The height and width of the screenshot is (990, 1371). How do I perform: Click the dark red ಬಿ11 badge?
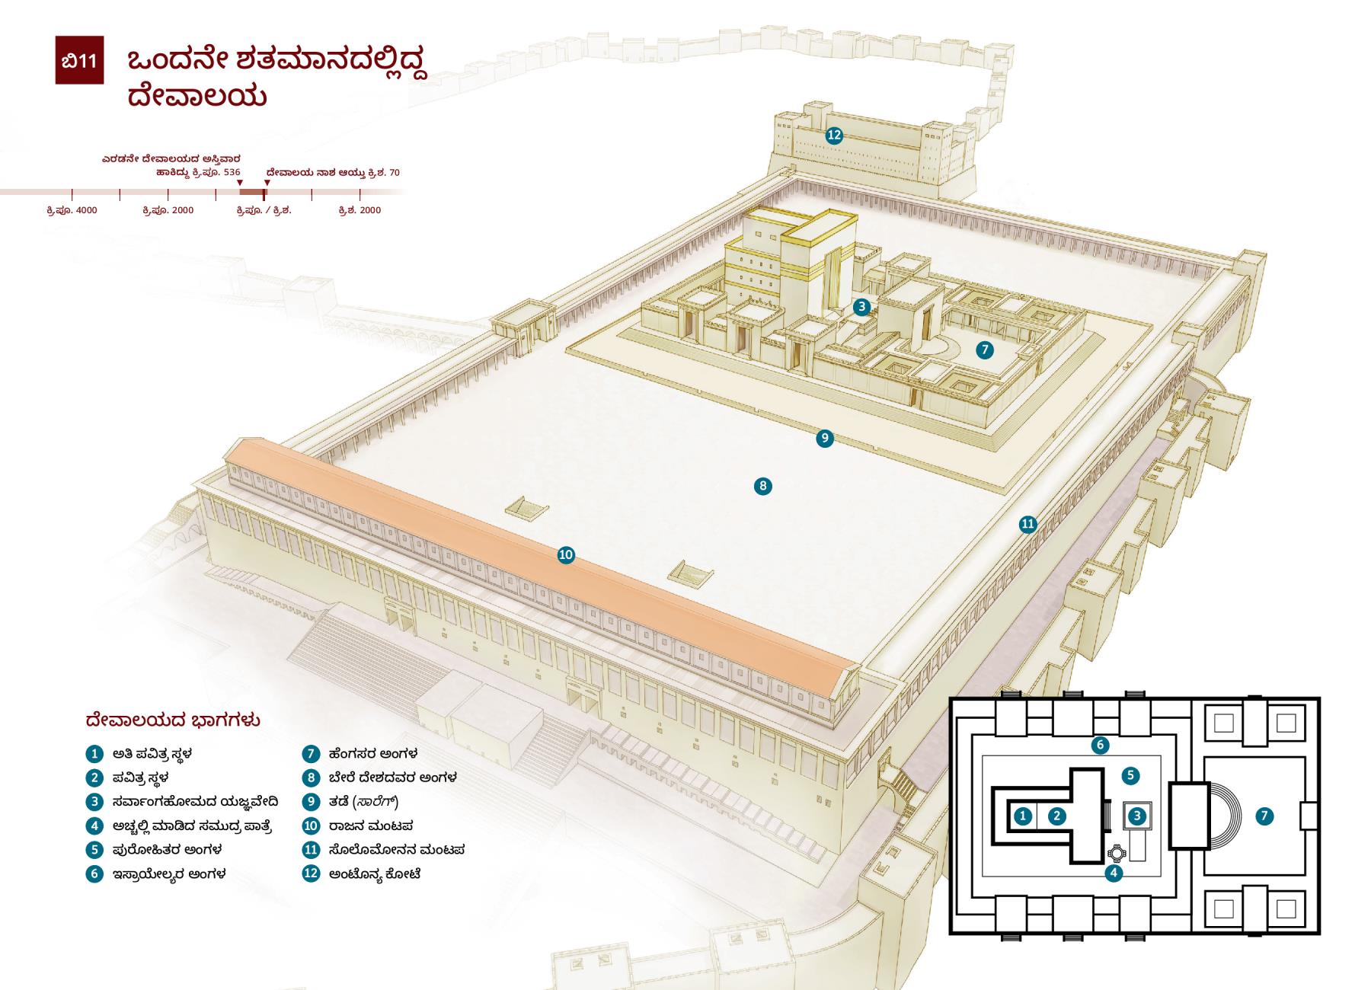pyautogui.click(x=79, y=60)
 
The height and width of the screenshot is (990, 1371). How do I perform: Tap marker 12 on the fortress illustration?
pyautogui.click(x=834, y=136)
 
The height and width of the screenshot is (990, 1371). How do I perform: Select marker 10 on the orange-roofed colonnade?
pyautogui.click(x=565, y=555)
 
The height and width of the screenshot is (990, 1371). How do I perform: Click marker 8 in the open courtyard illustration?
pyautogui.click(x=762, y=486)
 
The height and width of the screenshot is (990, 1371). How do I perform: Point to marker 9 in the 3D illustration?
pyautogui.click(x=824, y=438)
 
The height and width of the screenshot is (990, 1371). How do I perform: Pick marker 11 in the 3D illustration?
pyautogui.click(x=1028, y=524)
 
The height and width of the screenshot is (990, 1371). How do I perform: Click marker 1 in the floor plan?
pyautogui.click(x=1024, y=816)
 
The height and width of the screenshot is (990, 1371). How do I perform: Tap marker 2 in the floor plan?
pyautogui.click(x=1056, y=816)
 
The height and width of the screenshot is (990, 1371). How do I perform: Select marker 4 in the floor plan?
pyautogui.click(x=1114, y=873)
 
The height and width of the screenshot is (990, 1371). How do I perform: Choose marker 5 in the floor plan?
pyautogui.click(x=1130, y=776)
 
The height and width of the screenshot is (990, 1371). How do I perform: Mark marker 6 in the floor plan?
pyautogui.click(x=1099, y=745)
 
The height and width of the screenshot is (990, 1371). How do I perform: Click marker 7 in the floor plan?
pyautogui.click(x=1264, y=816)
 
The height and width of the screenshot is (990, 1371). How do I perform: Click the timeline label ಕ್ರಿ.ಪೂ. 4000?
pyautogui.click(x=72, y=210)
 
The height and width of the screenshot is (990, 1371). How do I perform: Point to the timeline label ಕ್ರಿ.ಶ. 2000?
pyautogui.click(x=360, y=210)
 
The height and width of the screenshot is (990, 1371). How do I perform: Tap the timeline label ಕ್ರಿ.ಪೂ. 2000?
pyautogui.click(x=168, y=210)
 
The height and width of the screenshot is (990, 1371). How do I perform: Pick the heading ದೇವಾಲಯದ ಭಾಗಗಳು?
pyautogui.click(x=173, y=720)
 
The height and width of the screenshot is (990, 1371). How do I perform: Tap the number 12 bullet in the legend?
pyautogui.click(x=311, y=873)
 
